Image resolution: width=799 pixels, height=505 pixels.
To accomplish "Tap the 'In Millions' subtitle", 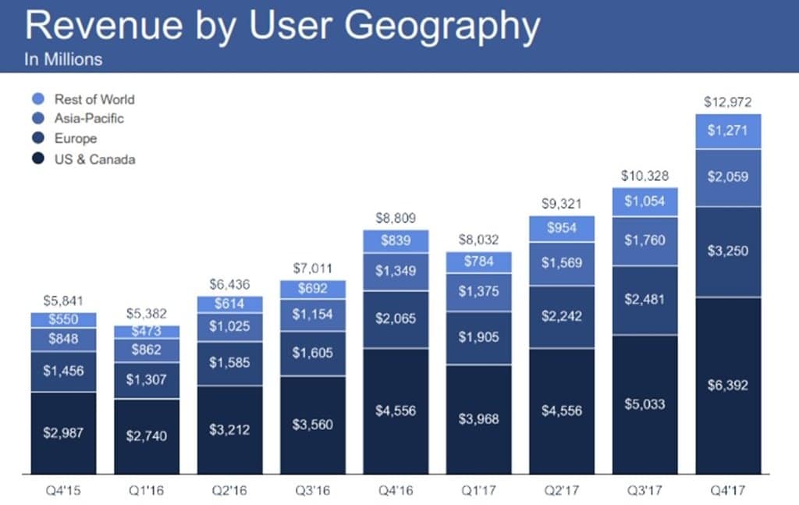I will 63,59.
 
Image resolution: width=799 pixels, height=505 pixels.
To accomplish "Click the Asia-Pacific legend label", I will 89,119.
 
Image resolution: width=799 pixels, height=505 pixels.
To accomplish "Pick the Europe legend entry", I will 76,139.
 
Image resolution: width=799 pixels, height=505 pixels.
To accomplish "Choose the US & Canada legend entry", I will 94,159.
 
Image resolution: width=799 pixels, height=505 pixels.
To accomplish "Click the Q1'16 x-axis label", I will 146,493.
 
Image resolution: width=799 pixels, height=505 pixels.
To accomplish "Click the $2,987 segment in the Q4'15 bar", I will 63,432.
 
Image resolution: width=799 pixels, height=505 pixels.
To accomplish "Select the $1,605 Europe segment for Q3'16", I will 312,353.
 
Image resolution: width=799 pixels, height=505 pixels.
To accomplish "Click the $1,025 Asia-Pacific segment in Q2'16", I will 229,326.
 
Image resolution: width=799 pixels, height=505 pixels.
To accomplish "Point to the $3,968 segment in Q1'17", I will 478,419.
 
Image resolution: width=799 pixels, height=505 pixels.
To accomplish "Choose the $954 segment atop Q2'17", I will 560,228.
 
